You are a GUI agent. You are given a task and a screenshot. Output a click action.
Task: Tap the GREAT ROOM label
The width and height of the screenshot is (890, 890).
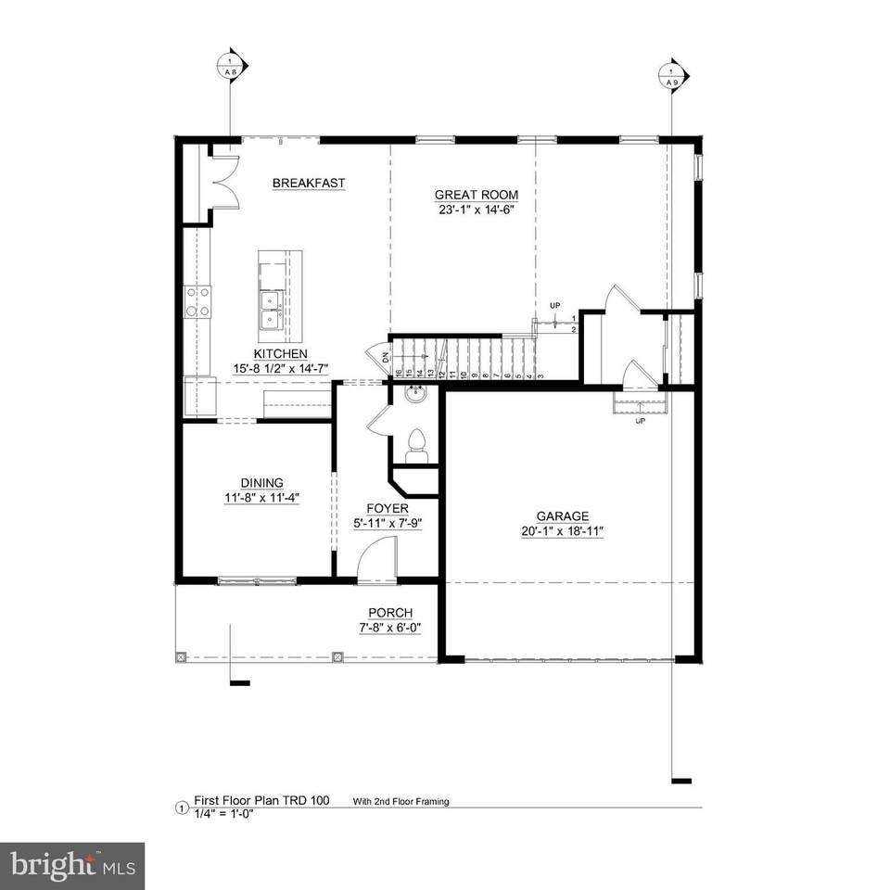click(x=477, y=195)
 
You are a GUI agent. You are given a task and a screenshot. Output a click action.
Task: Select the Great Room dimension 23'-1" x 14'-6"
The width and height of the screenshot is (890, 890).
click(x=477, y=210)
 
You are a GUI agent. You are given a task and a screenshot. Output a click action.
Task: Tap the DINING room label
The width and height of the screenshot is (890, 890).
click(x=261, y=482)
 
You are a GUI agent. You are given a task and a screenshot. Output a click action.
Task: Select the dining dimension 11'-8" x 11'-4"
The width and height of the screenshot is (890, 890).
click(x=261, y=497)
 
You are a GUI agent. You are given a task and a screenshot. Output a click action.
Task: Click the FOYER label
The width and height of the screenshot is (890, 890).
click(x=388, y=509)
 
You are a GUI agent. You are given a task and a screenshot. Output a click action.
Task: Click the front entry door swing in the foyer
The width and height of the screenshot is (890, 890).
click(x=376, y=562)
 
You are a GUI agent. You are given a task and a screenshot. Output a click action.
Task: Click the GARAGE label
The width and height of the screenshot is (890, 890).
click(x=562, y=516)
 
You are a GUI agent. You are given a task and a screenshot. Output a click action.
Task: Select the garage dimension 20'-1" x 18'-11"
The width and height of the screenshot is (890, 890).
click(x=562, y=531)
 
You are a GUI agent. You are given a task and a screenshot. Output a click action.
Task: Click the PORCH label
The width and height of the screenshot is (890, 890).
click(x=390, y=612)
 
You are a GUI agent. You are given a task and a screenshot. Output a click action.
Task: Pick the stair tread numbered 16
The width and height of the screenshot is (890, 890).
click(x=398, y=373)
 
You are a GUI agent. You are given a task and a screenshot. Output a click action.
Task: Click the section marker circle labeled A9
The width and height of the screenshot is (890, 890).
click(x=671, y=74)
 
